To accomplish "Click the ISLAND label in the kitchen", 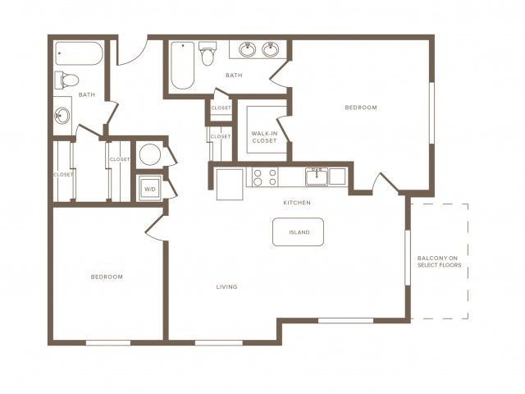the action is [x=299, y=232].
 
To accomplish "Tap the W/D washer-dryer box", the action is [x=150, y=189].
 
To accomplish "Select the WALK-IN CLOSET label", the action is [x=264, y=137].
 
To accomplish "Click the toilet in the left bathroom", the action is [x=66, y=80].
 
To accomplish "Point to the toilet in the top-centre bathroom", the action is [x=208, y=53].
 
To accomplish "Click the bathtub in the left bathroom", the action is [x=79, y=53].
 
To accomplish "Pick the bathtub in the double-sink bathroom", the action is [x=183, y=66].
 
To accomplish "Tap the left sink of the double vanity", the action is [x=248, y=49].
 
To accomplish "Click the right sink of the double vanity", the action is [x=270, y=49].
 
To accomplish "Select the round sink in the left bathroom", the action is [x=62, y=116].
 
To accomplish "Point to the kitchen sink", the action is [x=317, y=176].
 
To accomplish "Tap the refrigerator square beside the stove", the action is [x=230, y=185].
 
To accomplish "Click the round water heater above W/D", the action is [x=150, y=154].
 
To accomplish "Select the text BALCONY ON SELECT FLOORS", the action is [x=440, y=262].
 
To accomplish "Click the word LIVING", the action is [x=226, y=286].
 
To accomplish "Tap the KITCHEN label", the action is [x=297, y=203].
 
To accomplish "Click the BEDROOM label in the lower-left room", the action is [x=107, y=277].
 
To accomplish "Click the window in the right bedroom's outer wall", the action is [x=432, y=113].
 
